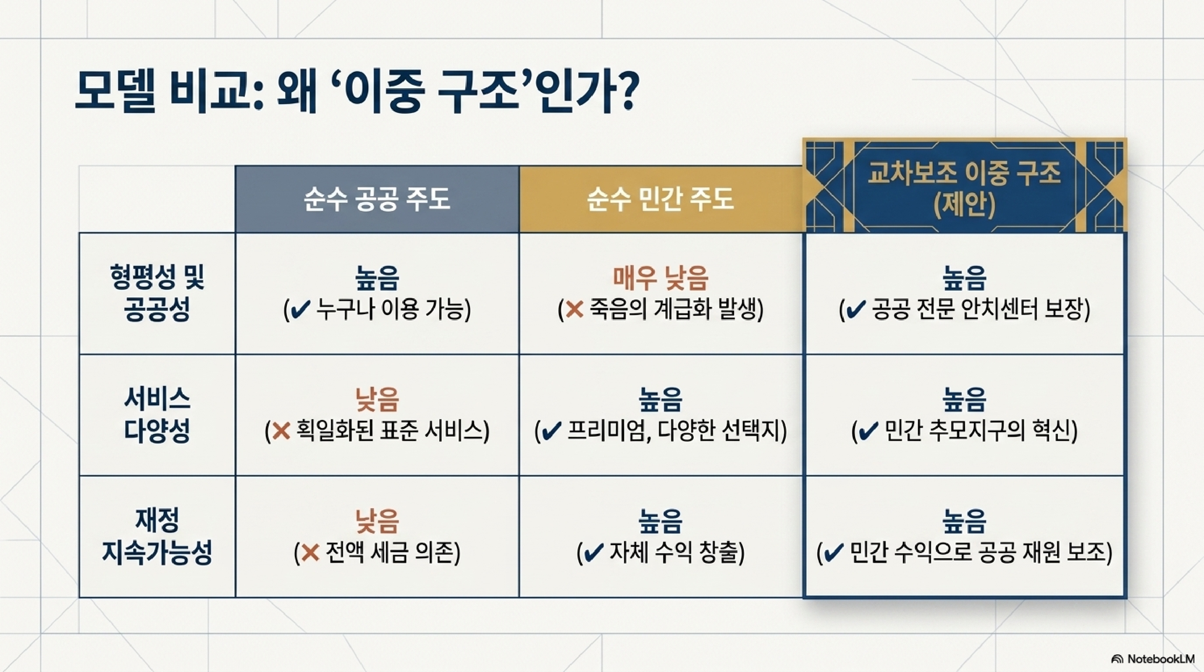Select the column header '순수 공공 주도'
[377, 199]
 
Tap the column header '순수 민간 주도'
[661, 199]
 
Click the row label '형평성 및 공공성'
[157, 293]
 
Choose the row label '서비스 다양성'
[157, 415]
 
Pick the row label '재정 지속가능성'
[157, 535]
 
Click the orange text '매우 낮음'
[661, 277]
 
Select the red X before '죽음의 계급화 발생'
[574, 309]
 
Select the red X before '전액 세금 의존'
[310, 553]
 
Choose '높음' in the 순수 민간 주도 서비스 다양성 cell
[661, 399]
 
